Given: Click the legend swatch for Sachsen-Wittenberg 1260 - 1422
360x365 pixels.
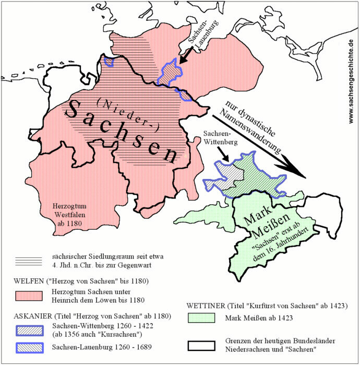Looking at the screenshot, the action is click(x=30, y=328).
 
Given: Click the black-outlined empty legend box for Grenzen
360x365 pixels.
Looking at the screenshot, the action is click(x=201, y=346).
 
